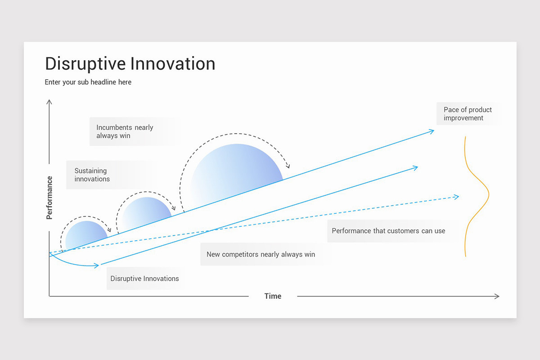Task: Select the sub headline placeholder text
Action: coord(88,82)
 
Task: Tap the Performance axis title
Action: coord(49,198)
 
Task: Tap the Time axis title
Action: coord(273,296)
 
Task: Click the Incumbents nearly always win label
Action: coord(125,131)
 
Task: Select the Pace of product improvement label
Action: coord(468,114)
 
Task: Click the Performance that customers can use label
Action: coord(388,231)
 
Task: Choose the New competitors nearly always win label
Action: coord(261,254)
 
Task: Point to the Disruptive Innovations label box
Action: coord(144,279)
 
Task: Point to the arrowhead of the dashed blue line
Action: coord(457,197)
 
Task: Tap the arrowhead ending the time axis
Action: coord(497,296)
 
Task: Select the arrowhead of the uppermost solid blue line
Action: coord(432,131)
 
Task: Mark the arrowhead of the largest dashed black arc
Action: coord(288,166)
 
